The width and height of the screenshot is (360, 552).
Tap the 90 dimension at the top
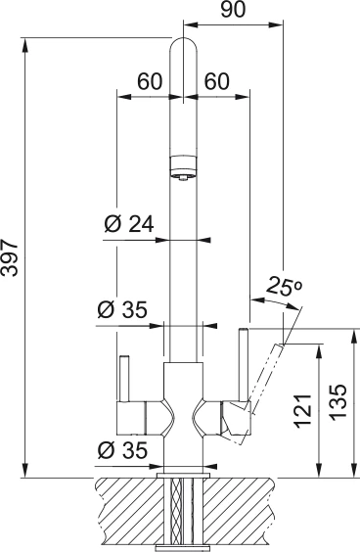point(233,10)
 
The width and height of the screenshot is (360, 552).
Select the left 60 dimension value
point(151,81)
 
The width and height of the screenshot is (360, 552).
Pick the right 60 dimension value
point(217,81)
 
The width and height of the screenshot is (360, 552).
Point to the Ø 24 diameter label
point(129,224)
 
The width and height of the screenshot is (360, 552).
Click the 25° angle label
point(284,286)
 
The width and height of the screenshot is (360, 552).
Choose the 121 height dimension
point(303,411)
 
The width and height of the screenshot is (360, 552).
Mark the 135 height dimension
point(338,401)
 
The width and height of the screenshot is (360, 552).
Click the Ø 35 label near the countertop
point(122,450)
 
